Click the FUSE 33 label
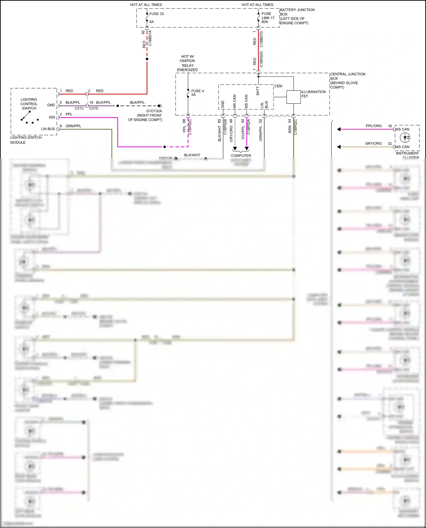[156, 14]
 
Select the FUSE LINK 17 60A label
[268, 18]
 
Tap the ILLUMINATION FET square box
[293, 97]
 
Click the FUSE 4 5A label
[197, 93]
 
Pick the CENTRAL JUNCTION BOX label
[347, 80]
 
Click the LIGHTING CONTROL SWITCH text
[29, 104]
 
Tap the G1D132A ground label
[154, 111]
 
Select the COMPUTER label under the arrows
[241, 155]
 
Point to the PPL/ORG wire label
[373, 126]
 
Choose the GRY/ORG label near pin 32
[373, 143]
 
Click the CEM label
[278, 86]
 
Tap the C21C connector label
[79, 108]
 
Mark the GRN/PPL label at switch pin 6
[73, 126]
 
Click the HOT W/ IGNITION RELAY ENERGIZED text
[187, 63]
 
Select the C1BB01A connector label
[150, 38]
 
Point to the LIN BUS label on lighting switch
[48, 129]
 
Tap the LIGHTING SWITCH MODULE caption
[26, 140]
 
